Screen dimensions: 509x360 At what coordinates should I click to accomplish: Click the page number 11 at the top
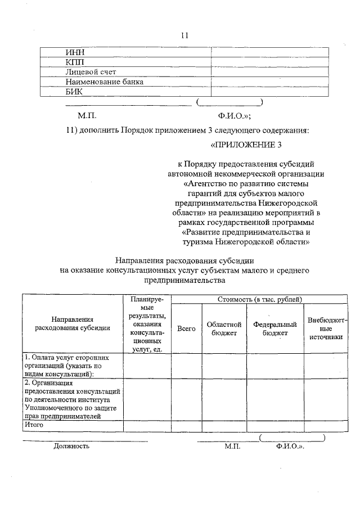coord(184,35)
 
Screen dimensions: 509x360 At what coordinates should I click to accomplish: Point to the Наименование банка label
coord(105,82)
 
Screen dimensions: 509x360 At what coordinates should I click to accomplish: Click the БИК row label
coord(74,91)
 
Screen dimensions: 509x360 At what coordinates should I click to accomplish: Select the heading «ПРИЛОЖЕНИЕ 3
coord(245,145)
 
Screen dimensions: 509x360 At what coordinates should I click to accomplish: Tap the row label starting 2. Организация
coord(73,399)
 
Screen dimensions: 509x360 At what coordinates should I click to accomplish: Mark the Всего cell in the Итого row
coord(186,426)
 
